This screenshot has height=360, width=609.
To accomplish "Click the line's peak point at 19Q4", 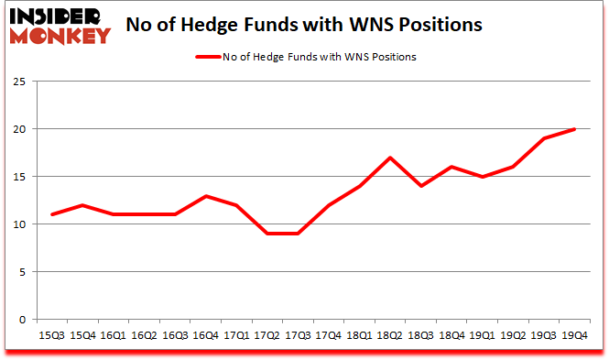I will coord(574,129).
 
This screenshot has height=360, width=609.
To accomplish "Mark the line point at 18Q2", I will coord(390,158).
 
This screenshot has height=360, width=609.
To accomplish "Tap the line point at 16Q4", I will coord(206,196).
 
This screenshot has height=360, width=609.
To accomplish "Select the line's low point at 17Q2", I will coord(267,234).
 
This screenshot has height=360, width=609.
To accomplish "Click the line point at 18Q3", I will coord(421,186).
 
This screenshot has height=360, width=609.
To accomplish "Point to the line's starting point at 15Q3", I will coord(53,214).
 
